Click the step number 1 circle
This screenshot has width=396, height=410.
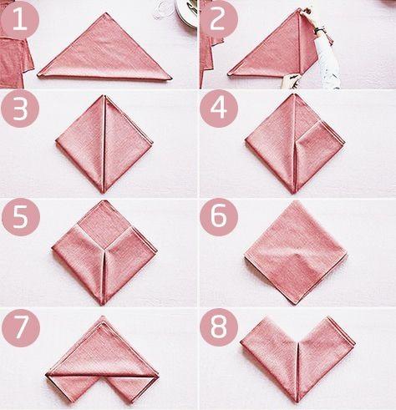point(20,19)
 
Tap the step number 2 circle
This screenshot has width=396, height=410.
point(219,19)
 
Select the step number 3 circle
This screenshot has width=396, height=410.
point(20,109)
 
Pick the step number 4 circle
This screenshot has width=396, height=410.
point(219,109)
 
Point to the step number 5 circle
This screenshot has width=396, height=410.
point(21,217)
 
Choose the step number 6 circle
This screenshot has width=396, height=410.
point(219,217)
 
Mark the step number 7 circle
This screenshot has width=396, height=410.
point(21,328)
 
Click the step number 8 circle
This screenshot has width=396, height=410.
point(219,327)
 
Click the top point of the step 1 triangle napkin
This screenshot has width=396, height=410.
point(106,13)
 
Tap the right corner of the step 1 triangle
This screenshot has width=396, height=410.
point(170,79)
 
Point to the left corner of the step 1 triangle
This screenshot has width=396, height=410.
point(38,75)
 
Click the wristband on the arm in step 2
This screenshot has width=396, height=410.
point(320,30)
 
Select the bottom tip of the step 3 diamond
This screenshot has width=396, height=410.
point(104,193)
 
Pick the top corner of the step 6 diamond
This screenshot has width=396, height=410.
point(296,201)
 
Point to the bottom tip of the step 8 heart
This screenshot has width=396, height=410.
point(297,402)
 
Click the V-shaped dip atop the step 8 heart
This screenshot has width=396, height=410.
point(298,342)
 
